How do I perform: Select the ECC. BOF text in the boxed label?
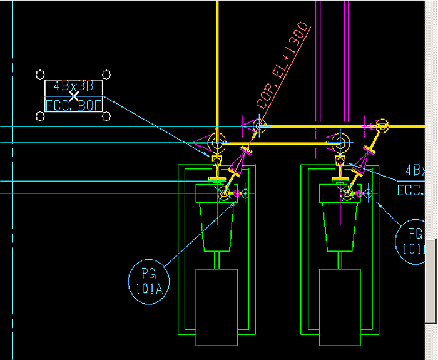click(x=73, y=106)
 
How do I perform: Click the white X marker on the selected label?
click(x=74, y=96)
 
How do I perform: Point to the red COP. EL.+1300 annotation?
click(x=283, y=66)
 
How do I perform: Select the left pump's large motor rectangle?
click(x=216, y=307)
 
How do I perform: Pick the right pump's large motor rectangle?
click(x=340, y=307)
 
